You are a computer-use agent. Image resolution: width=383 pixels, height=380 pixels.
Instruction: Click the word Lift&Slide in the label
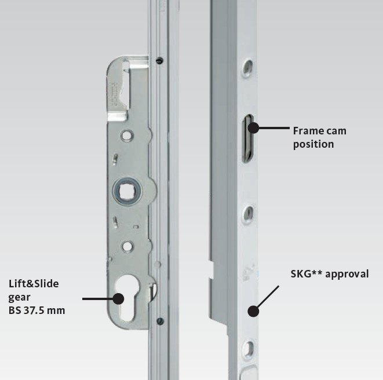click(x=34, y=284)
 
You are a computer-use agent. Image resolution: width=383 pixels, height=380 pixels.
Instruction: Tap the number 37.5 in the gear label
click(x=34, y=310)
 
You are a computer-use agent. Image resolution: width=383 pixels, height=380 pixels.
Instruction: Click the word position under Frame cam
click(x=313, y=144)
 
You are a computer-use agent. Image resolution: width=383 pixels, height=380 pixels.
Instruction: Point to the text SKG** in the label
click(x=307, y=274)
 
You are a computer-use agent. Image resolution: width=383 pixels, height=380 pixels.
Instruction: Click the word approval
click(x=347, y=274)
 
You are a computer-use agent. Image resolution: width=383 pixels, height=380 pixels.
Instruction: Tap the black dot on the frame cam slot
click(x=254, y=127)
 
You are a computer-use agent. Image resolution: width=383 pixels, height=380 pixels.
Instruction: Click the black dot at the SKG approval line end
click(x=253, y=312)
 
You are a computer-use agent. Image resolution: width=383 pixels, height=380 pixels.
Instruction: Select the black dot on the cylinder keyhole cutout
click(x=118, y=299)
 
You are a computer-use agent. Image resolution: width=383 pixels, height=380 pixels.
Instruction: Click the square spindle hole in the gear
click(x=127, y=191)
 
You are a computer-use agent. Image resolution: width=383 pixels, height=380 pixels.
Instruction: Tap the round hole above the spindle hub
click(x=127, y=136)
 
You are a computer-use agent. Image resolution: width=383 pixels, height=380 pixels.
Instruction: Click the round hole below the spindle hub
click(x=127, y=246)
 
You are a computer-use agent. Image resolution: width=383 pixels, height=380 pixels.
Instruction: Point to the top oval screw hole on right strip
click(x=247, y=67)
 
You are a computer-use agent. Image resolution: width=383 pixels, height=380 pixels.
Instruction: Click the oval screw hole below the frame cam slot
click(x=249, y=214)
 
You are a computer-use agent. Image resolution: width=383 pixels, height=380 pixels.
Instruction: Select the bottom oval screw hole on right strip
click(x=249, y=348)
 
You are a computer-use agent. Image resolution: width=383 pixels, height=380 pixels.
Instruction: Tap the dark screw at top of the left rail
click(x=160, y=60)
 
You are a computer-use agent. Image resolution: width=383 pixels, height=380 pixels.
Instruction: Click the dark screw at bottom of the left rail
click(x=160, y=321)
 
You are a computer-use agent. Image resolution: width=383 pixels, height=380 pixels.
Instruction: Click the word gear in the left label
click(x=19, y=298)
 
